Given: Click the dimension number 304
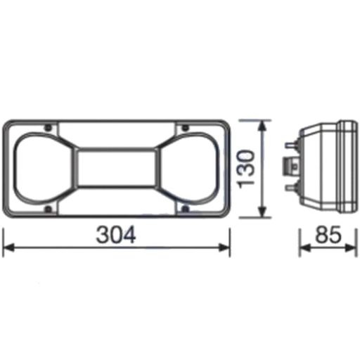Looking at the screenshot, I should coord(117,235).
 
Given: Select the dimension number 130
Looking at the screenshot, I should coord(246,169).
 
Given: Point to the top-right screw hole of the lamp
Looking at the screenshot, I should coord(185,128).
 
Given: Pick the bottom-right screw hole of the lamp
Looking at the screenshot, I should coord(185,210).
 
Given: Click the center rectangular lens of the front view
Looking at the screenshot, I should coord(116,169).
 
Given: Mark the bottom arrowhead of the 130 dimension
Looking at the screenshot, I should coord(263,214).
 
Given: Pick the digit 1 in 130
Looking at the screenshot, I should coord(246,187).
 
